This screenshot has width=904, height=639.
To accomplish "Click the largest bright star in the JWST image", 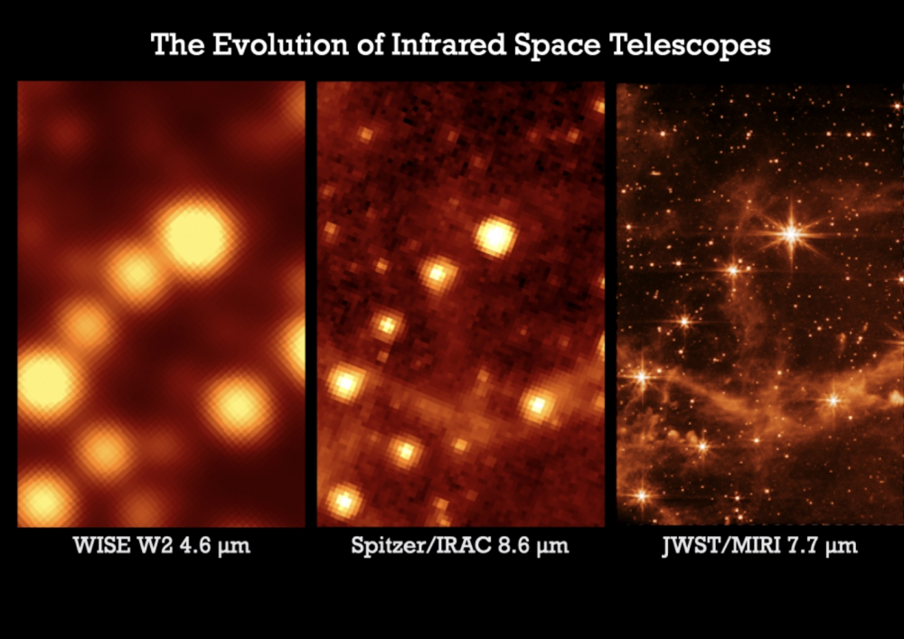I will pos(792,234).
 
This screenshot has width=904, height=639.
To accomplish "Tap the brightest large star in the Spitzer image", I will pos(494,237).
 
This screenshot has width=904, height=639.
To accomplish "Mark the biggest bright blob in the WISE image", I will pos(195,235).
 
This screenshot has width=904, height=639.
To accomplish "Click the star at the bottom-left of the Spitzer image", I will pos(343,500).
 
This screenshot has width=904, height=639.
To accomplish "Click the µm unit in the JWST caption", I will pos(838,547).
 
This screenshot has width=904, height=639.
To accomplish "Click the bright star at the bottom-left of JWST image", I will pos(643,494).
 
